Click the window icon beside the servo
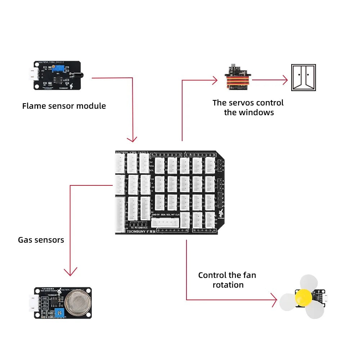pyautogui.click(x=303, y=77)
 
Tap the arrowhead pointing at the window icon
pyautogui.click(x=285, y=80)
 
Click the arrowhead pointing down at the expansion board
pyautogui.click(x=132, y=139)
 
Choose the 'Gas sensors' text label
pyautogui.click(x=41, y=240)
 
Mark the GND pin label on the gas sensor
pyautogui.click(x=45, y=298)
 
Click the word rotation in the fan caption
pyautogui.click(x=228, y=285)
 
